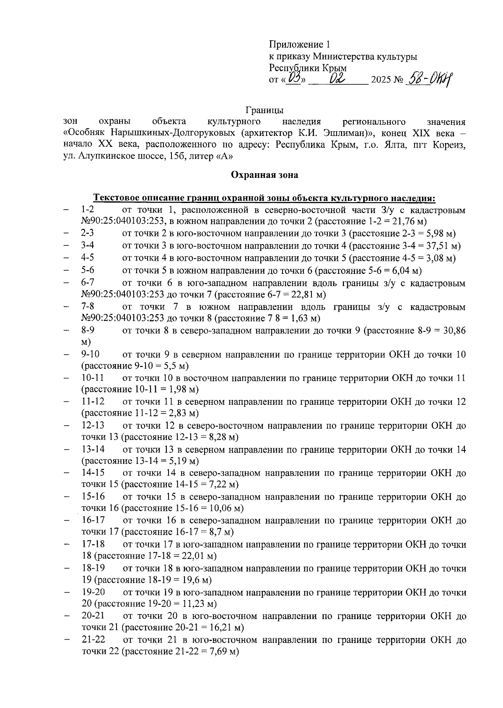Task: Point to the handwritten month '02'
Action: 337,78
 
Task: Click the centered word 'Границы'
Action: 264,110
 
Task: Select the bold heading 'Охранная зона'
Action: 265,175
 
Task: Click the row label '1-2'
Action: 88,209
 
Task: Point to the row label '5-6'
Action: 88,270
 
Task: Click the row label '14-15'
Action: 93,473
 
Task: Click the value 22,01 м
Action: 199,557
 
